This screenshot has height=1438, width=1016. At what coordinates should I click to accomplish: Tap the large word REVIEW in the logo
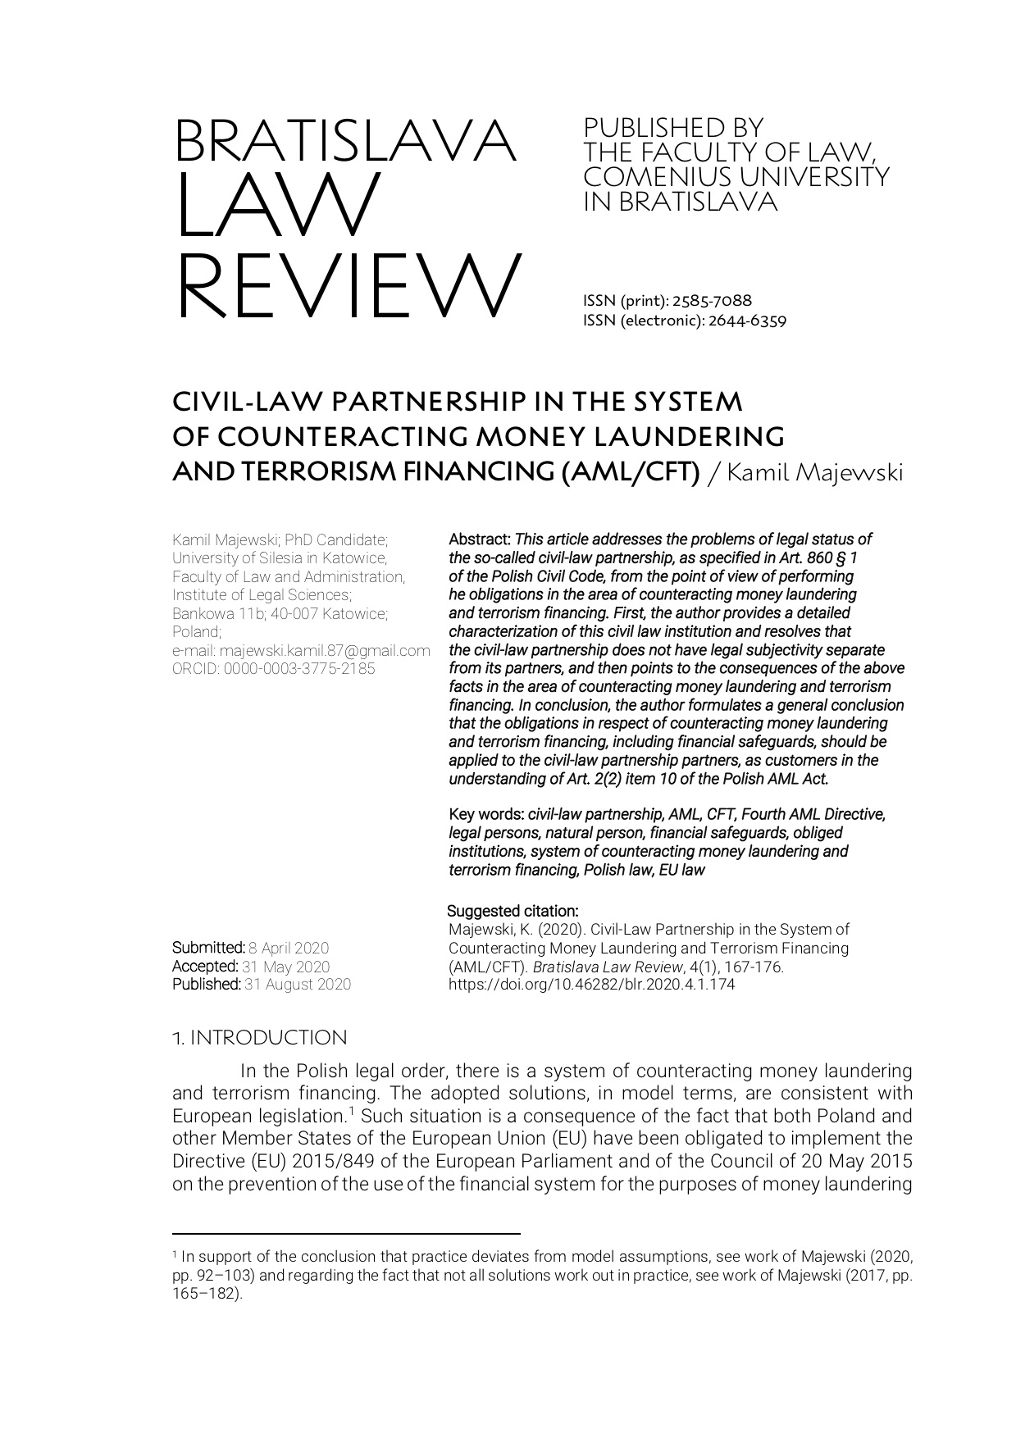[x=348, y=285]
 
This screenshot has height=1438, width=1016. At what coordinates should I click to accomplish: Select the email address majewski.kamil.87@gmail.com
[x=325, y=650]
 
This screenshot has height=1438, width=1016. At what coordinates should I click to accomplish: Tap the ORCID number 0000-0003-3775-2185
[x=299, y=668]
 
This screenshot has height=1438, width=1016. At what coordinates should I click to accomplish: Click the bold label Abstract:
[x=481, y=539]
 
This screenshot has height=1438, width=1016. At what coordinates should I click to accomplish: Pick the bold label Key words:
[x=486, y=814]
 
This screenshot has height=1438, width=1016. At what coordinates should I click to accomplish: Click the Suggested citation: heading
[x=513, y=911]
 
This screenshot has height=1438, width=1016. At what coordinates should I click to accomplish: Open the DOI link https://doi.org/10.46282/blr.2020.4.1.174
[x=591, y=985]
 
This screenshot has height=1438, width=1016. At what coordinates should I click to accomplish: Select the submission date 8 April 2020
[x=289, y=949]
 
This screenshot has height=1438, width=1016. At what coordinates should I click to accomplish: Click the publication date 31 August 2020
[x=298, y=985]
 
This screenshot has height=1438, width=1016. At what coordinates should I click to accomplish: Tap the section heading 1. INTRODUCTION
[x=259, y=1038]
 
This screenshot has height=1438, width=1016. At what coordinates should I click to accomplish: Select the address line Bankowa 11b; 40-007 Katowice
[x=280, y=613]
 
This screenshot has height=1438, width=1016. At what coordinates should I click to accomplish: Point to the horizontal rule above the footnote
[x=346, y=1233]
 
